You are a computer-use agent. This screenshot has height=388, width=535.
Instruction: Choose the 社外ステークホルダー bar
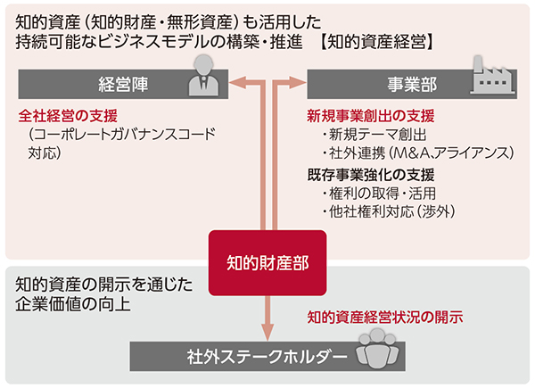(267, 356)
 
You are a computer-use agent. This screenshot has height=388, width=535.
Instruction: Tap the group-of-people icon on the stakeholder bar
(378, 351)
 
